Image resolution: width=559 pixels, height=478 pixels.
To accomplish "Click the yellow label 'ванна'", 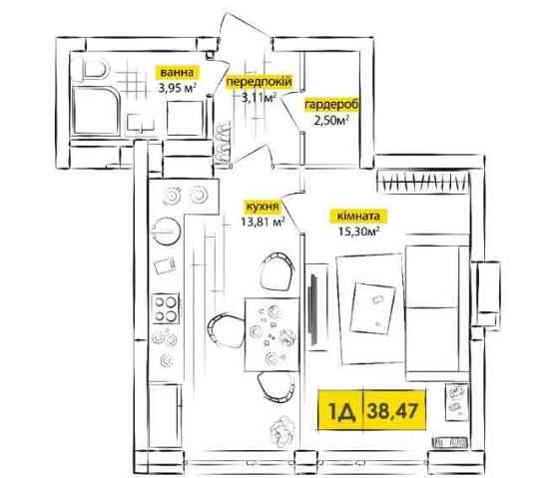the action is [177, 73].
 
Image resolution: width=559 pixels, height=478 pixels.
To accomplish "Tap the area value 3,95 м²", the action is [178, 88].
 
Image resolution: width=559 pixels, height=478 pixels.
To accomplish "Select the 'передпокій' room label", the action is [260, 82].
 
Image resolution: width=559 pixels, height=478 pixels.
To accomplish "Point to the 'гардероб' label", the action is [331, 105].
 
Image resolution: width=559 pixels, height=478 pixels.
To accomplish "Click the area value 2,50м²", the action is [330, 121].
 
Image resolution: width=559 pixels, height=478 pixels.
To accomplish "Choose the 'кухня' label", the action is [262, 207].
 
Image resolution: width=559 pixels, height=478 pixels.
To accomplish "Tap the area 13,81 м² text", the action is [263, 223].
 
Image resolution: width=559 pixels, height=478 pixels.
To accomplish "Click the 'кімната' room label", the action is [358, 216].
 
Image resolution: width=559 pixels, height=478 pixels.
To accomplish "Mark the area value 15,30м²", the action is [358, 232].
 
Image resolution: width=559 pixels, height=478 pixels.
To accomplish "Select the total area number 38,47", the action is [392, 410].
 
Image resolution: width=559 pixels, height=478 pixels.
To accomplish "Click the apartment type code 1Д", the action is [341, 411].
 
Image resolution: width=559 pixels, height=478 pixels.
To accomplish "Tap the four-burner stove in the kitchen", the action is [166, 308].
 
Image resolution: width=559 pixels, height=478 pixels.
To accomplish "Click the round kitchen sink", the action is [166, 231].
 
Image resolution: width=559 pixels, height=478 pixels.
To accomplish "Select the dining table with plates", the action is [272, 334].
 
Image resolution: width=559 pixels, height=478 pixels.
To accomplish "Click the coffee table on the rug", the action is [373, 308].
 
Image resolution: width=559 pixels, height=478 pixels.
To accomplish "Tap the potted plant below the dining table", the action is [281, 432].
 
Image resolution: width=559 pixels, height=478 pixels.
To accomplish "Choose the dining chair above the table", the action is [278, 270].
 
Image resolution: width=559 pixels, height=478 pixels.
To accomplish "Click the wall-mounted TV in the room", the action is [314, 308].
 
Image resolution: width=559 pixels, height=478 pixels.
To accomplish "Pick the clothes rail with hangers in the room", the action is [423, 183].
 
